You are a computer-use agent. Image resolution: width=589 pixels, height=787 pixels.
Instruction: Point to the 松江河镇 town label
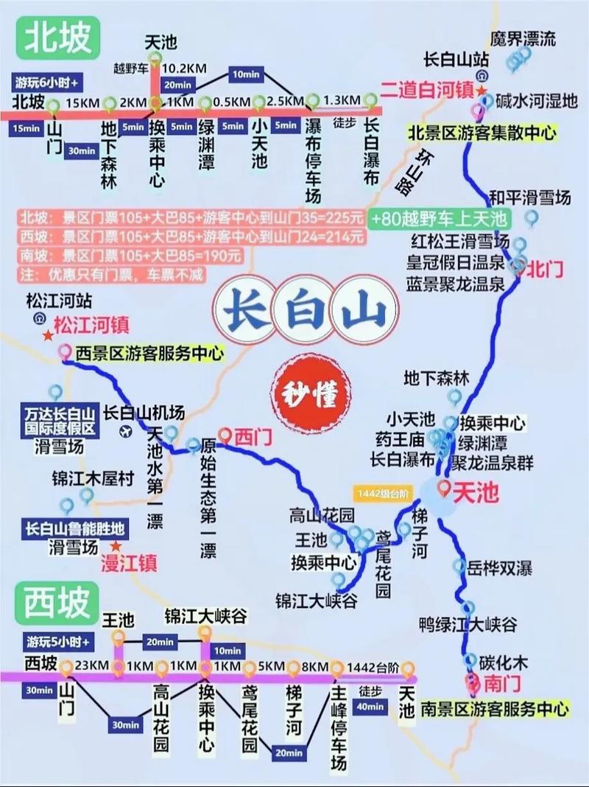(91, 324)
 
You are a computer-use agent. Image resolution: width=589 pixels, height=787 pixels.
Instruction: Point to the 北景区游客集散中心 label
(483, 133)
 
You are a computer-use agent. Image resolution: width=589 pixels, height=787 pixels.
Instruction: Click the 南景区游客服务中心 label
(494, 709)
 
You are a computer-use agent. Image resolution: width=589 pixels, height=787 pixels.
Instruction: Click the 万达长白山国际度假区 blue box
(59, 422)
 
